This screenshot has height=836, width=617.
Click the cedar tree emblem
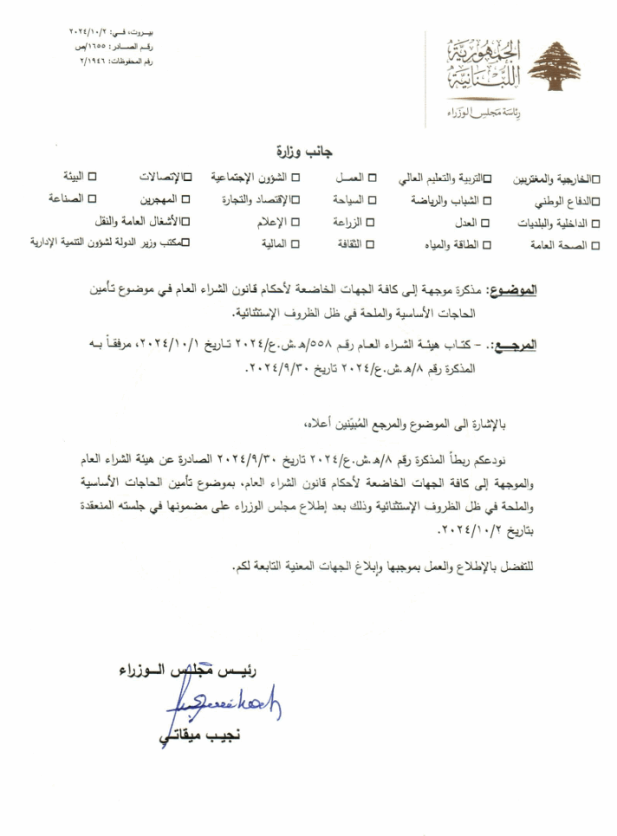(555, 67)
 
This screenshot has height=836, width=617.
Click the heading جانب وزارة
(308, 152)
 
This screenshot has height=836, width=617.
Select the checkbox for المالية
(296, 245)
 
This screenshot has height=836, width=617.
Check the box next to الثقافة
(371, 245)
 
